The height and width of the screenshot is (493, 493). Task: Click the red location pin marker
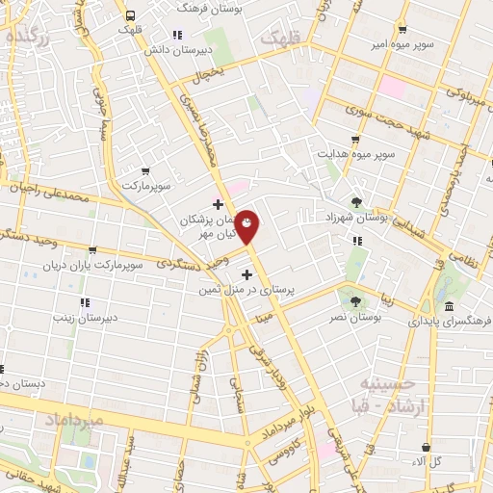(247, 226)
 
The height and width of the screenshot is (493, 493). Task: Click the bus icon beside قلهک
(129, 14)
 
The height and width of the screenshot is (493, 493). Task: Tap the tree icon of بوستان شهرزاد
(358, 202)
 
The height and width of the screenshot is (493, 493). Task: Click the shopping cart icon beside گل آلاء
(426, 447)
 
